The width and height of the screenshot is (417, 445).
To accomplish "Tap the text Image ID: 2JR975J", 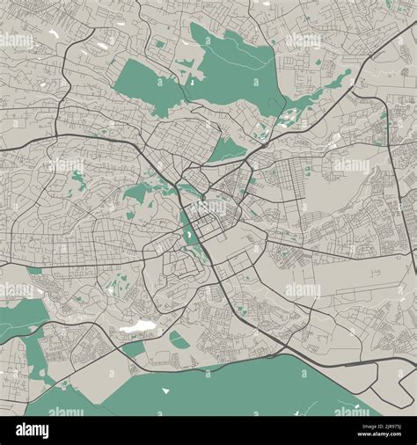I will click(369, 426).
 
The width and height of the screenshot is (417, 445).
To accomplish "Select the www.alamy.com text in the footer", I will click(370, 436).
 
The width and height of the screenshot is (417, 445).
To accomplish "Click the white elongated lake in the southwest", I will click(135, 327).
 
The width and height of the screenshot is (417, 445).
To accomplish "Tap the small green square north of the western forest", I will click(159, 43).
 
